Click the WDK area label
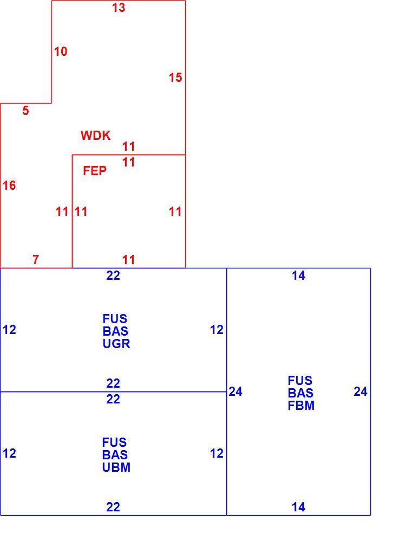click(95, 136)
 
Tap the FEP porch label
click(95, 170)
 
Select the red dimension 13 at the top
click(119, 8)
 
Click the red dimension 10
click(61, 52)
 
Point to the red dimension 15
click(175, 78)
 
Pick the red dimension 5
click(26, 111)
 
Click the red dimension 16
click(9, 185)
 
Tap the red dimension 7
click(36, 260)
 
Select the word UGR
click(116, 344)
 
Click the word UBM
click(116, 467)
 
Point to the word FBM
click(301, 406)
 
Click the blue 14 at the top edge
click(298, 275)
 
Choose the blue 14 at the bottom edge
click(298, 507)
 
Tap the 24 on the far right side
click(361, 392)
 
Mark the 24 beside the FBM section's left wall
click(236, 392)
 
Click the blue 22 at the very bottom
click(113, 507)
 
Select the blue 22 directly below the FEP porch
click(113, 275)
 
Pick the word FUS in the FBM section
click(300, 381)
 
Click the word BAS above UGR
click(115, 331)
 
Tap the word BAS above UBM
click(115, 455)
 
